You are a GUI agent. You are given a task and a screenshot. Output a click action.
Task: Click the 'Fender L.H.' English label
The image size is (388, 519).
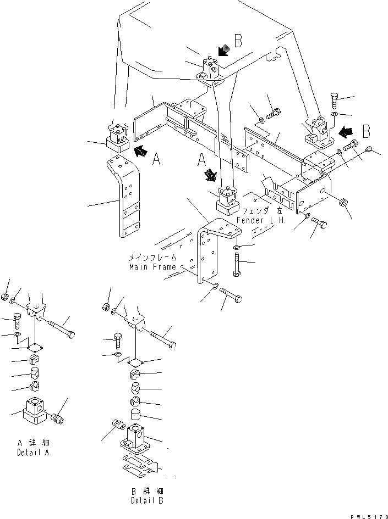(260, 220)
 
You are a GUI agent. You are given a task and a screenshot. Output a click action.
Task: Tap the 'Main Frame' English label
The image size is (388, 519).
(153, 267)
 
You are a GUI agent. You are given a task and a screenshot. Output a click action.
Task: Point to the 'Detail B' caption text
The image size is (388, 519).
(146, 500)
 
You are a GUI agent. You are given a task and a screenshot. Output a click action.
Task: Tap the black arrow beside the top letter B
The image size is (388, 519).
(222, 51)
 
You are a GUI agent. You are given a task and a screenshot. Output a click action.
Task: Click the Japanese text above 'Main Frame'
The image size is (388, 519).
(153, 257)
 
